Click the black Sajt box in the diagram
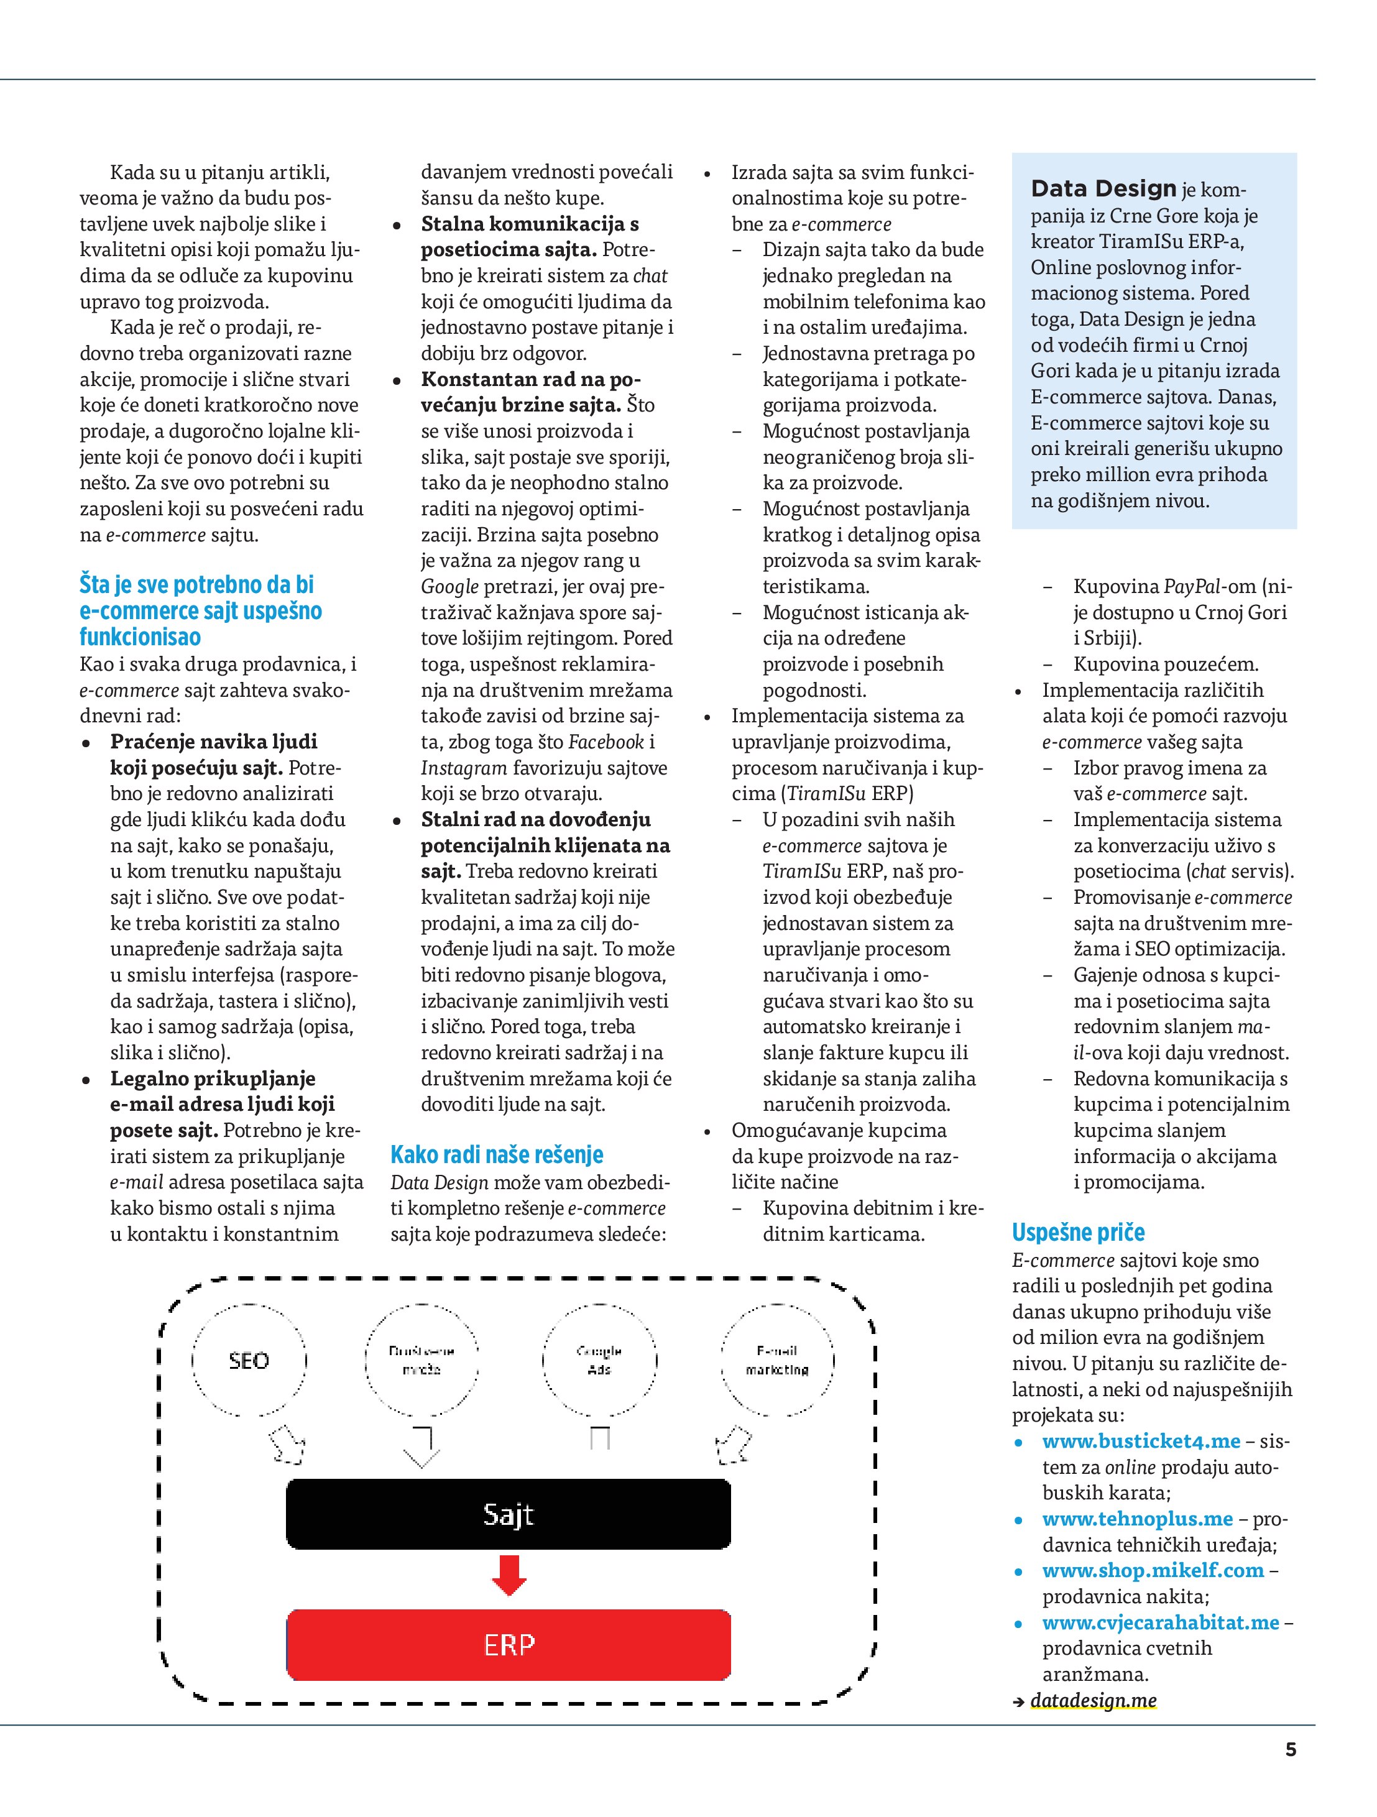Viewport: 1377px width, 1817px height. (508, 1513)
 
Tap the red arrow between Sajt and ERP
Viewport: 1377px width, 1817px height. (509, 1575)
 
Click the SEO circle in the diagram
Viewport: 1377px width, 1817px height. (248, 1360)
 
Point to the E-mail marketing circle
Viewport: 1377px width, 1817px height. (776, 1360)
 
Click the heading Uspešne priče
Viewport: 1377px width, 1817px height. (1078, 1232)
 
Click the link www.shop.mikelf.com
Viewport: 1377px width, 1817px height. (1152, 1571)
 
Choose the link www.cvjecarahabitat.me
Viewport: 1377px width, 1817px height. (1160, 1622)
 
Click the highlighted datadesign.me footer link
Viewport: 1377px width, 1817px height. (1093, 1700)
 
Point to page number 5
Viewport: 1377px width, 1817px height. (1291, 1750)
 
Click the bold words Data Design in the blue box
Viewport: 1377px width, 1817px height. (1103, 189)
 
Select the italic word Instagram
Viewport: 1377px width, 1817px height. (463, 768)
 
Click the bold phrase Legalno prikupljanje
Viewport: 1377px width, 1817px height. (213, 1079)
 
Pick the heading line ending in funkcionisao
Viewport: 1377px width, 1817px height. (140, 637)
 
